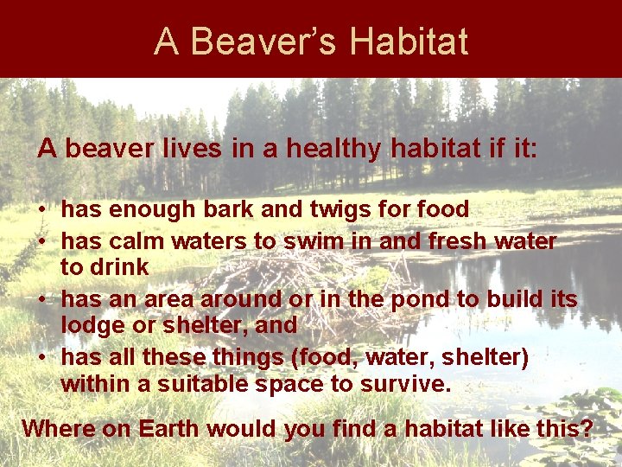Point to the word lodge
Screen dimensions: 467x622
pos(92,326)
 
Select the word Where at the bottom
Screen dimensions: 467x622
pos(56,429)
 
